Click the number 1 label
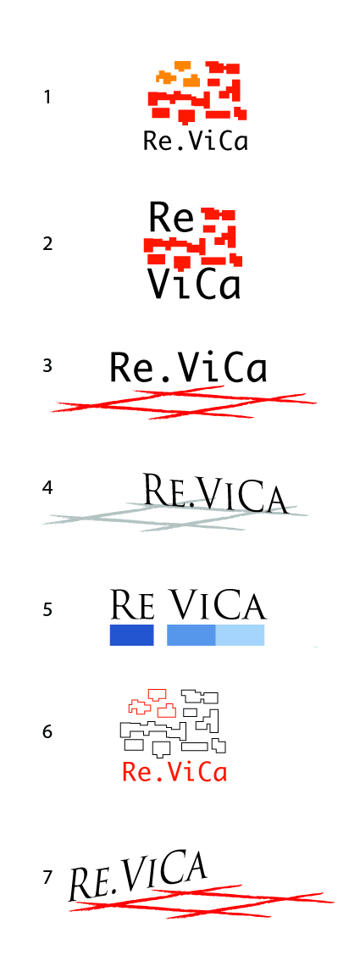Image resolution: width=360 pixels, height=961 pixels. [x=47, y=97]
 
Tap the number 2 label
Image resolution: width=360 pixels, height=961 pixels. [x=47, y=243]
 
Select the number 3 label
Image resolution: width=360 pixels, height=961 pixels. [x=47, y=366]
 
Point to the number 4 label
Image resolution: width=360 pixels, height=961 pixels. [x=47, y=488]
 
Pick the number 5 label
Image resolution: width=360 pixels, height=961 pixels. [x=47, y=610]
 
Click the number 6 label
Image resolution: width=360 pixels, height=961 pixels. [x=47, y=732]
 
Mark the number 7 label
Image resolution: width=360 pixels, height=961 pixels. [x=47, y=878]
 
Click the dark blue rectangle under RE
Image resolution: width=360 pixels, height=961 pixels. [x=131, y=636]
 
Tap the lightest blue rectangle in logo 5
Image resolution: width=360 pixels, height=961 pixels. [x=240, y=636]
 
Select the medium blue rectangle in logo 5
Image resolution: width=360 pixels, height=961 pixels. [x=191, y=636]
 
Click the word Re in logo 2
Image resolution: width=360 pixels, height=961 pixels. [x=171, y=217]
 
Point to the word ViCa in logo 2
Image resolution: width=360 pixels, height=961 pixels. [x=193, y=285]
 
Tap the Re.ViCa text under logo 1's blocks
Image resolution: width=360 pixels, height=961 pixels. [x=196, y=141]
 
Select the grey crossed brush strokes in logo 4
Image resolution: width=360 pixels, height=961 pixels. [x=174, y=516]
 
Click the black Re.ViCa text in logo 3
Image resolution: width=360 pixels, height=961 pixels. [x=189, y=368]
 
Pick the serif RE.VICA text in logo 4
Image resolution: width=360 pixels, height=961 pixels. [x=214, y=492]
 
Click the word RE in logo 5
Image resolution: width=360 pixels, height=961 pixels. [x=132, y=604]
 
